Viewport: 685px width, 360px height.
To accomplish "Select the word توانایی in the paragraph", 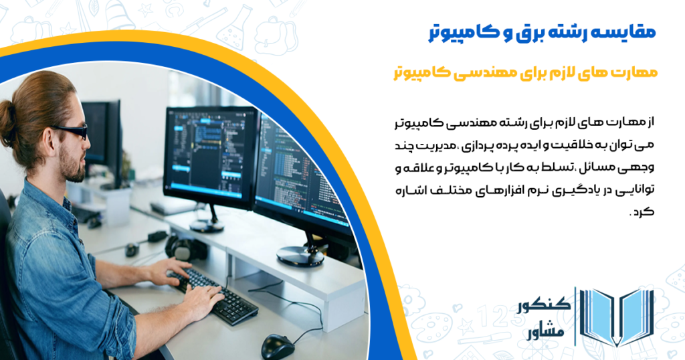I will [x=635, y=189].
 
